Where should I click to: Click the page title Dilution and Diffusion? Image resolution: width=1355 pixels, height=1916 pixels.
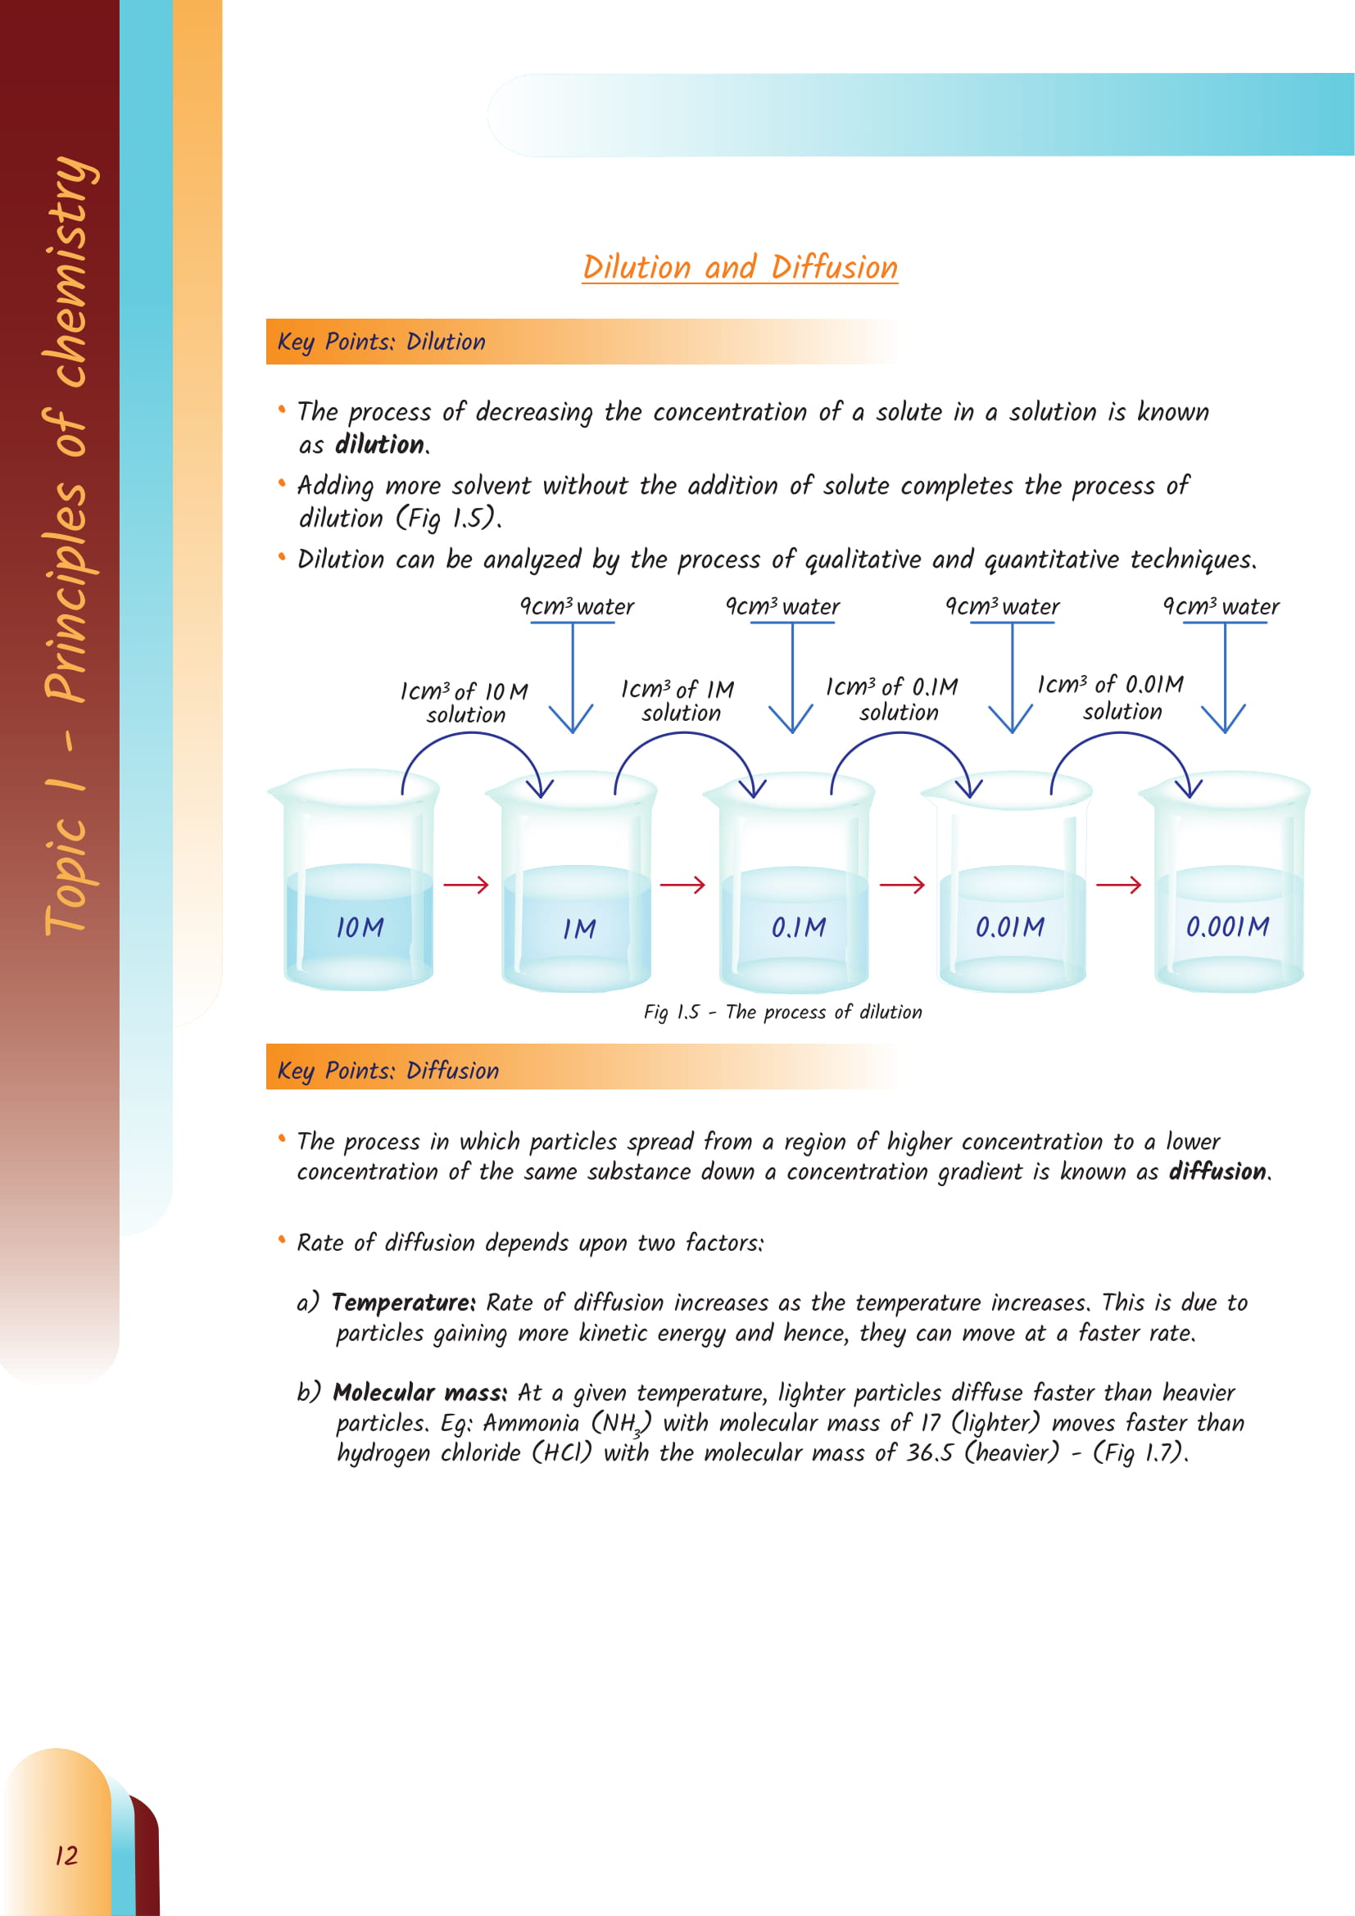pos(739,268)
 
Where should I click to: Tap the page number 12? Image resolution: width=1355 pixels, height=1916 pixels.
pos(66,1855)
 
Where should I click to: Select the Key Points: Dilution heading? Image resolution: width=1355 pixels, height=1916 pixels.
pos(381,342)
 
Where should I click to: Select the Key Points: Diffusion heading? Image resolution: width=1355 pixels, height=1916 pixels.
pos(388,1071)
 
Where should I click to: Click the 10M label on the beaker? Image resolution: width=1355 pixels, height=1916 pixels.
pos(360,927)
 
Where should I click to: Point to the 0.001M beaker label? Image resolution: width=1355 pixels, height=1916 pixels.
pos(1227,926)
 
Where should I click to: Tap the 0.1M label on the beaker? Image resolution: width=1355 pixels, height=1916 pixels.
pos(799,927)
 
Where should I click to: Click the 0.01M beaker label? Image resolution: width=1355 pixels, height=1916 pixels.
pos(1009,927)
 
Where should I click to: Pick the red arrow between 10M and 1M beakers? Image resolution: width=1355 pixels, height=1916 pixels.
pos(465,885)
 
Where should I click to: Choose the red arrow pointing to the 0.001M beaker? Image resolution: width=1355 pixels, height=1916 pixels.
pos(1118,885)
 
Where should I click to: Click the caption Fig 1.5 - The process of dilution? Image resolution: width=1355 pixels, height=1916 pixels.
pos(782,1012)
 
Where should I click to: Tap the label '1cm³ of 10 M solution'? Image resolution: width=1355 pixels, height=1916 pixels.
pos(464,703)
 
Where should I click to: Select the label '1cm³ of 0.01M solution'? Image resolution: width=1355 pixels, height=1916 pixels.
pos(1110,698)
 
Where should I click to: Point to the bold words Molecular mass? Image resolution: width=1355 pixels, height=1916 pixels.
pos(419,1393)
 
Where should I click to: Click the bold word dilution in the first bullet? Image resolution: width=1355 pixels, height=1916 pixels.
pos(379,445)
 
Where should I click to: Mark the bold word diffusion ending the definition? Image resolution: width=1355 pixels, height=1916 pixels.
pos(1217,1172)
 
